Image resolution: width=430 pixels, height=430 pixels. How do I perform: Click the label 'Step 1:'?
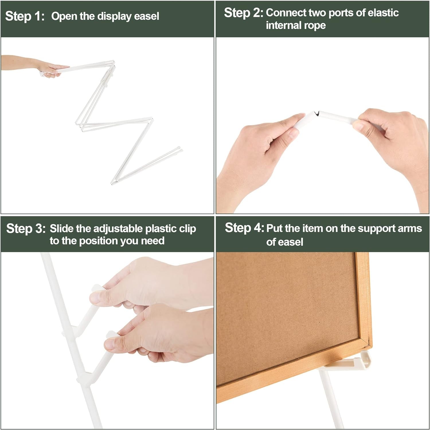click(x=25, y=16)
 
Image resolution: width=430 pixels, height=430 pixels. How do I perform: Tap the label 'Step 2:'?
click(x=243, y=13)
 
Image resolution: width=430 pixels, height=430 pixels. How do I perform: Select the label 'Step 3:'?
click(x=26, y=228)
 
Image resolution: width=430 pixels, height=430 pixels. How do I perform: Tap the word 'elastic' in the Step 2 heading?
click(x=383, y=13)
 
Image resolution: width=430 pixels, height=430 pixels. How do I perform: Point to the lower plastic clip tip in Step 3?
click(x=110, y=334)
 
